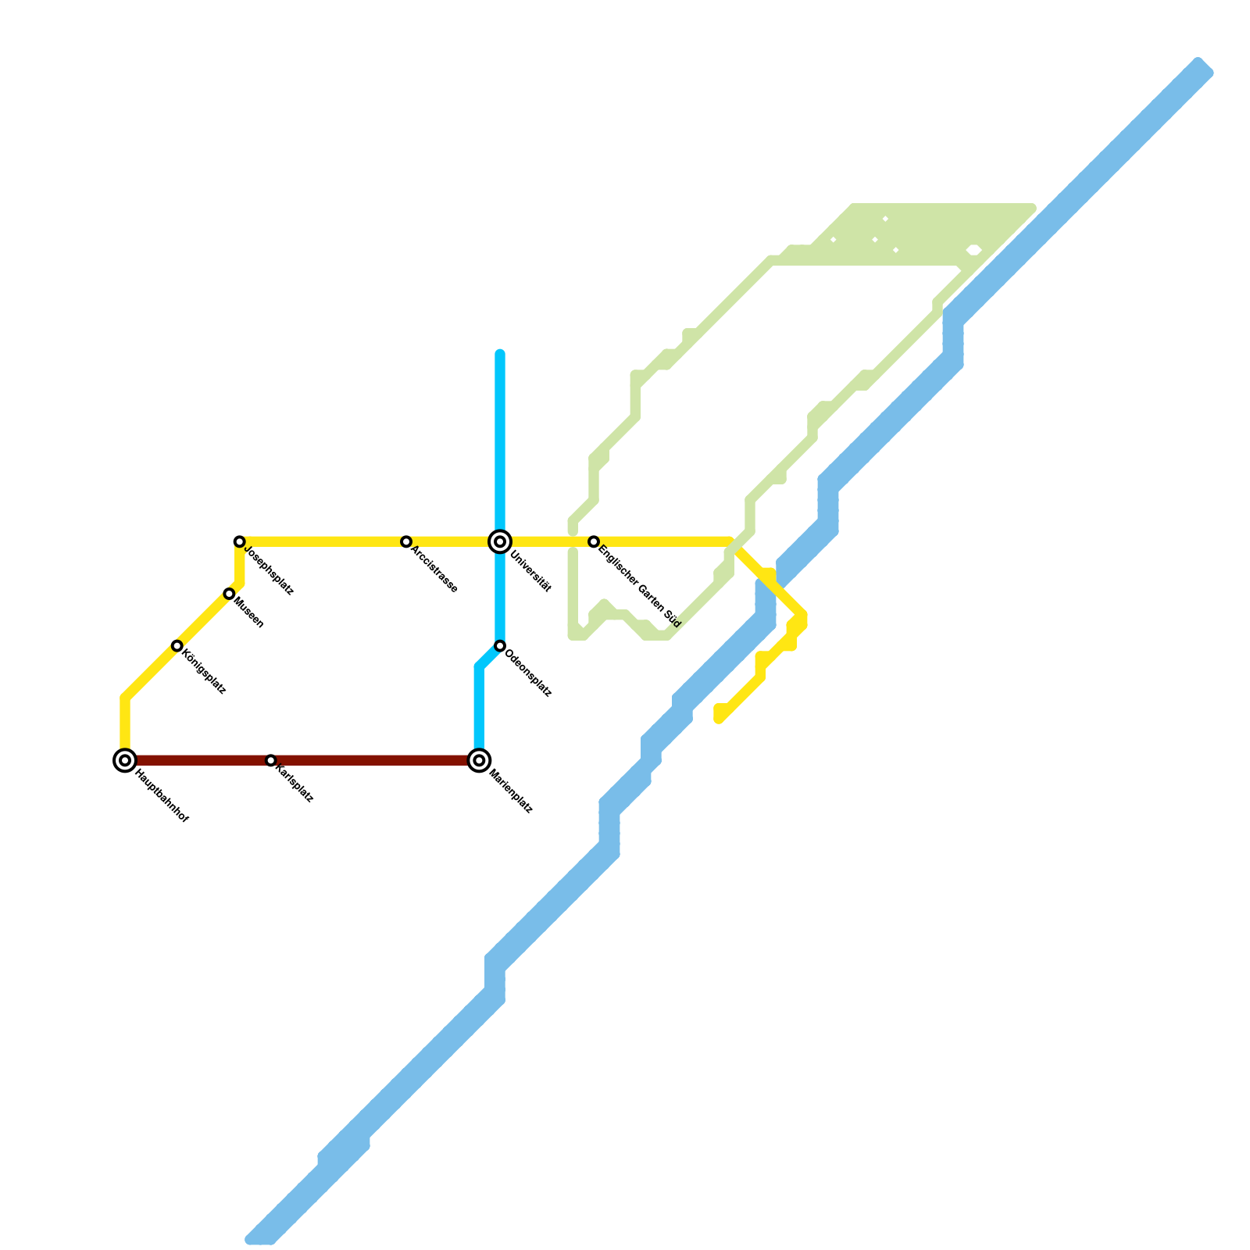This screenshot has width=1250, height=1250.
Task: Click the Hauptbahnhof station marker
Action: click(x=125, y=760)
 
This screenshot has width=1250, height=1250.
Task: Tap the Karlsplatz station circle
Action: click(x=270, y=760)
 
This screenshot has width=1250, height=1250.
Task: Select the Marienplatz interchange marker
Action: click(x=480, y=760)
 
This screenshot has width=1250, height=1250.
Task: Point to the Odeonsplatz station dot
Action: click(x=500, y=646)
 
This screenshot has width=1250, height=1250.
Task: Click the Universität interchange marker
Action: click(x=500, y=541)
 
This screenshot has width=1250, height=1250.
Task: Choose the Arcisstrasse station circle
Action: click(x=406, y=541)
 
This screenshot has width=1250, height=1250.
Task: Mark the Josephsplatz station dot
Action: click(x=240, y=541)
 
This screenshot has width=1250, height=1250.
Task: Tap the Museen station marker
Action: click(x=229, y=594)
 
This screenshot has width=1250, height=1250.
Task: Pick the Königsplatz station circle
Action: click(x=177, y=646)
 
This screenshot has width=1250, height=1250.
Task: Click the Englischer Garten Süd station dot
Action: click(x=594, y=541)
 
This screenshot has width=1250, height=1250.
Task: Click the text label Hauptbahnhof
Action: click(x=162, y=796)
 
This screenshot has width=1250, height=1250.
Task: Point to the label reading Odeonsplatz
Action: click(x=529, y=673)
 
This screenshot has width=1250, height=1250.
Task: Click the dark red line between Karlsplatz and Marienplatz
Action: click(x=375, y=760)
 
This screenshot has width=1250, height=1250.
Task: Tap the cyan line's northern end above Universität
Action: click(x=500, y=354)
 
